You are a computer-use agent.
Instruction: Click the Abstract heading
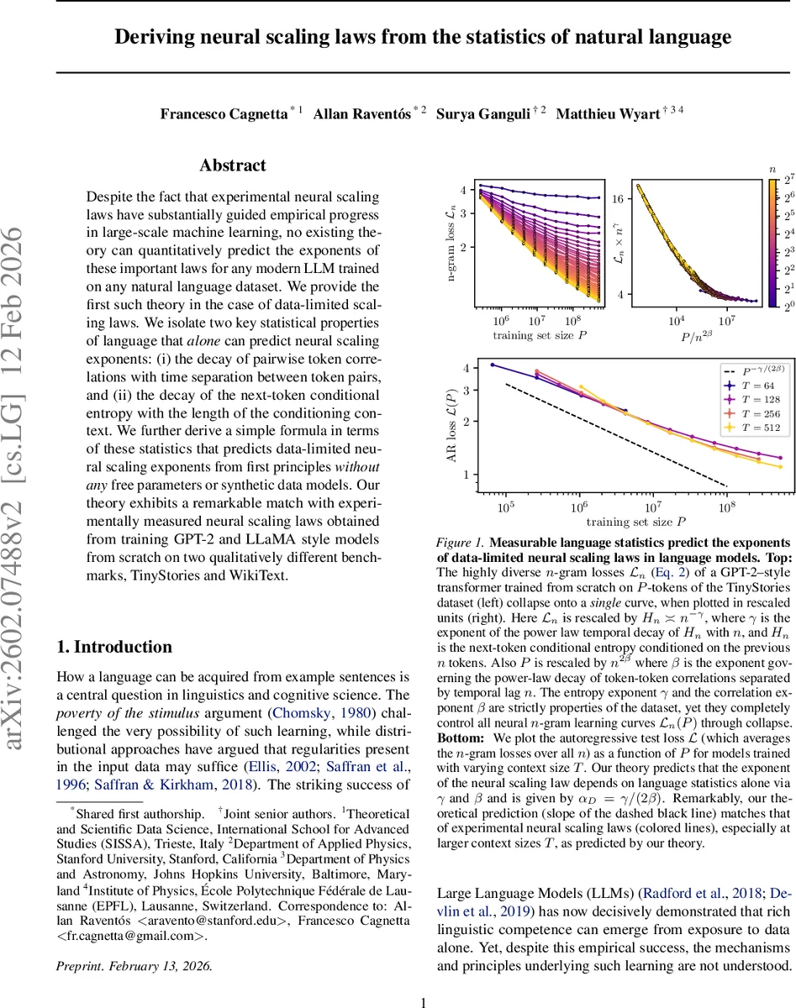233,165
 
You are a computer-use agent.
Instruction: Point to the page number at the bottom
424,1001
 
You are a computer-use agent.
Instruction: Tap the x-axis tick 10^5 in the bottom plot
505,507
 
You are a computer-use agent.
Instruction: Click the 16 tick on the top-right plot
616,199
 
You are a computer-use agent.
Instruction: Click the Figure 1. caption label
461,543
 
